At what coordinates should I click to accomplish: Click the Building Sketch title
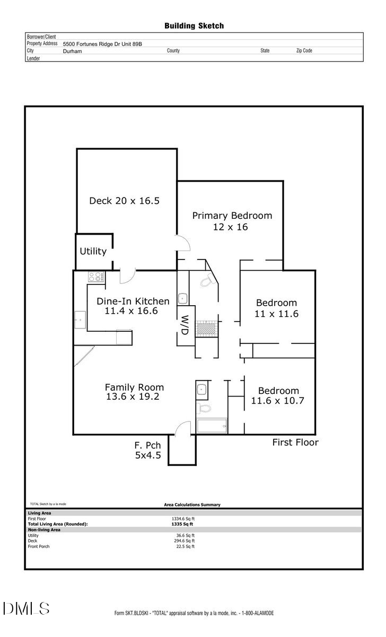194,25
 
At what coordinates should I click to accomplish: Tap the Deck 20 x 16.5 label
124,201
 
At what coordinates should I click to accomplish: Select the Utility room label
93,251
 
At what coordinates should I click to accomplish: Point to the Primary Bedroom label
232,216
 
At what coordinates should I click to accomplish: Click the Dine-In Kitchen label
133,301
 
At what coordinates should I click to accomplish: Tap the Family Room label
134,387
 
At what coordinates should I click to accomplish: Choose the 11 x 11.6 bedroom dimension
277,314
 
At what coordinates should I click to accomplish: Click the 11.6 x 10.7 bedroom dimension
277,401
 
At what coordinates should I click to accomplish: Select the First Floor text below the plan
295,442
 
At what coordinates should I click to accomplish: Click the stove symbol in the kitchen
96,277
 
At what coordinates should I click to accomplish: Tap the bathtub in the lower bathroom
211,426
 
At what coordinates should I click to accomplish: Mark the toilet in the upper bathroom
206,282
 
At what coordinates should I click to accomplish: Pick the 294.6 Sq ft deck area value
185,541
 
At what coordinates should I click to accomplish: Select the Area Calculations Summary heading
192,505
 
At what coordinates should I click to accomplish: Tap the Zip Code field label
304,51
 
